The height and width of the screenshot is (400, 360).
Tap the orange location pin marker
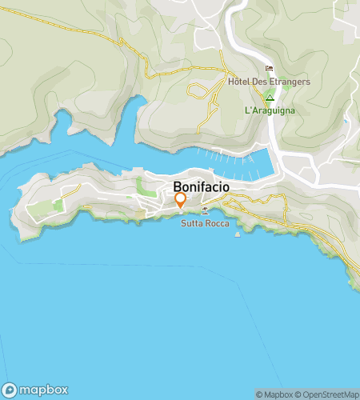180,200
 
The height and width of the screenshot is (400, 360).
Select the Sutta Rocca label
204,224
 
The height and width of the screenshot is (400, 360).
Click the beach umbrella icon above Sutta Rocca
206,211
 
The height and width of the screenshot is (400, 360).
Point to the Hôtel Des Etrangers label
269,82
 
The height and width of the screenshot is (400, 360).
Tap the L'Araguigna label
270,110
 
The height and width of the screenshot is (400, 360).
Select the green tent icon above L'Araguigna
270,98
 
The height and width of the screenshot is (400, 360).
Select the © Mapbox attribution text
272,394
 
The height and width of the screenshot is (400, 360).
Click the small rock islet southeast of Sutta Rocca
237,235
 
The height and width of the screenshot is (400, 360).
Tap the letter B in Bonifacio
178,182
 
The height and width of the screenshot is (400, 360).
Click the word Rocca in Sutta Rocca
216,224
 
